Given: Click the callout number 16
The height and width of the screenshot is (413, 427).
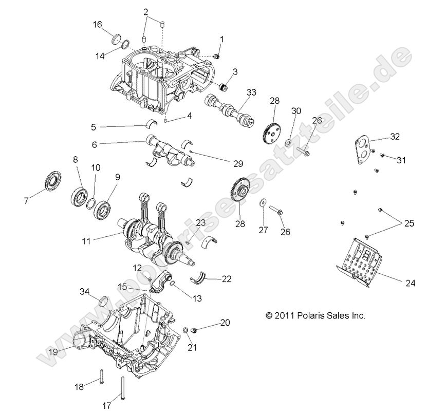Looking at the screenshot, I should pyautogui.click(x=98, y=24).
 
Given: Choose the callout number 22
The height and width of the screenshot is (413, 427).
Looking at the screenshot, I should pyautogui.click(x=227, y=279).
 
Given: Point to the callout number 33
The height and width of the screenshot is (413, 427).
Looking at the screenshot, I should pyautogui.click(x=251, y=92).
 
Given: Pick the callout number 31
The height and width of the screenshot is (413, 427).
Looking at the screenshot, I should pyautogui.click(x=401, y=160).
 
